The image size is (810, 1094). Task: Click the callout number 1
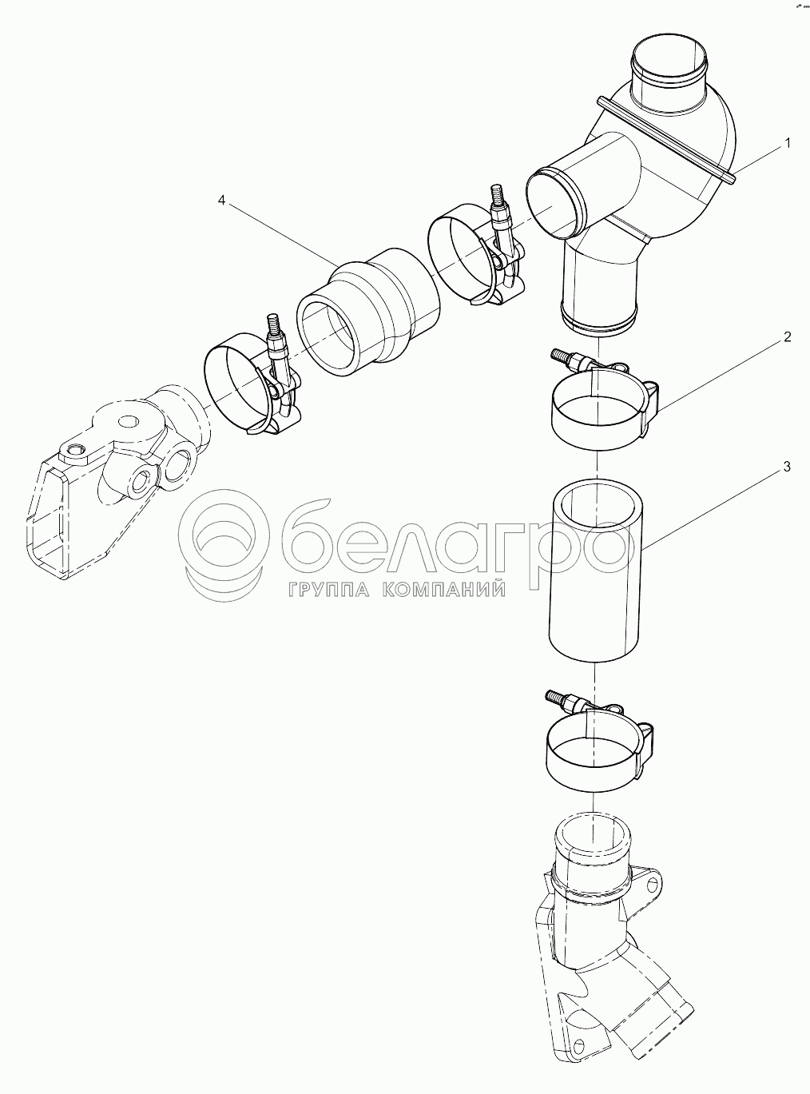click(788, 143)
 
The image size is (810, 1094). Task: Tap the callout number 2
click(788, 337)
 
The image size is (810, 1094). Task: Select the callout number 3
click(787, 467)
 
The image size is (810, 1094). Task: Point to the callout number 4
click(221, 201)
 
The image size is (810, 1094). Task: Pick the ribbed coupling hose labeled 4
click(369, 312)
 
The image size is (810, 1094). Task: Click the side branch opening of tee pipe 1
click(552, 202)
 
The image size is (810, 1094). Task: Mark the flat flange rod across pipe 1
click(666, 141)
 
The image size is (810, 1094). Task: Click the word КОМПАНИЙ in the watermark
click(444, 590)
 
